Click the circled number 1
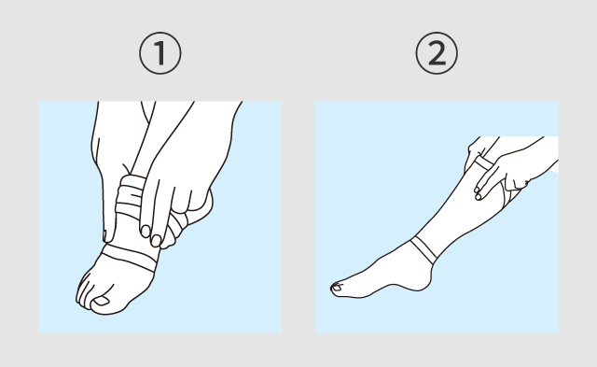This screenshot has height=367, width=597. click(160, 53)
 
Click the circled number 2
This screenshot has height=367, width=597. click(437, 53)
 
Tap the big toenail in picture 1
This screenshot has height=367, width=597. click(102, 301)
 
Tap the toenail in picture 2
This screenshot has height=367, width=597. click(337, 288)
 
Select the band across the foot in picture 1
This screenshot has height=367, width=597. click(129, 258)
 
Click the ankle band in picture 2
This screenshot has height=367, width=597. click(423, 249)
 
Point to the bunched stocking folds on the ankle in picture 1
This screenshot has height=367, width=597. click(130, 197)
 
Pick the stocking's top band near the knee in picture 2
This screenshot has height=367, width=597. click(483, 162)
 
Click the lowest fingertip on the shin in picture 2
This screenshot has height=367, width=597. click(479, 197)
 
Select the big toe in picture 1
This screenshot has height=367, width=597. click(103, 302)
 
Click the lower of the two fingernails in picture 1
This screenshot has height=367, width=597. click(156, 241)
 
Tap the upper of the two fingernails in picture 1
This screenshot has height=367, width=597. click(146, 231)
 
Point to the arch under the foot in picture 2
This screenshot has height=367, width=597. click(392, 288)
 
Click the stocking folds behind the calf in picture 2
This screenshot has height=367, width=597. click(511, 194)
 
